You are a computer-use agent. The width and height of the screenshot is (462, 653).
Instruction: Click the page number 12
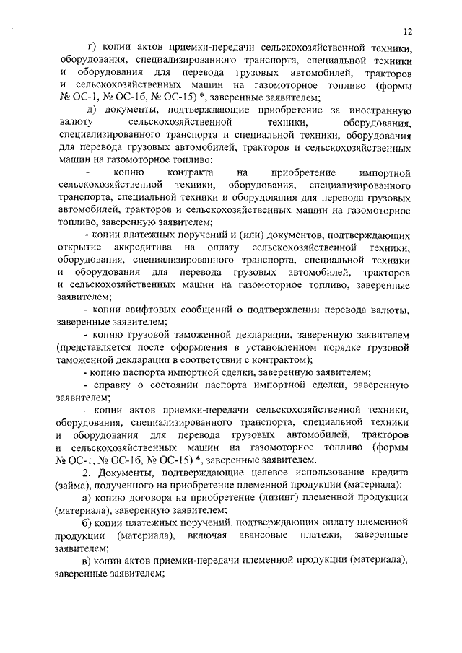tap(408, 32)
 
